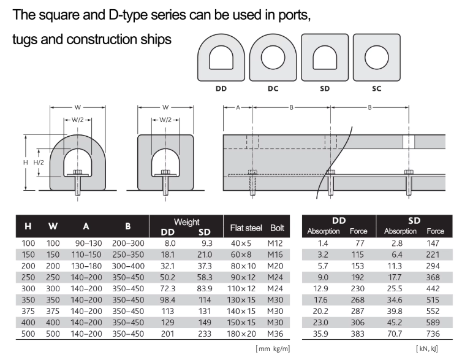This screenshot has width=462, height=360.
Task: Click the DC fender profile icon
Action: click(x=273, y=58)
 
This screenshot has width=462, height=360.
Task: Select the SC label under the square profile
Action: click(x=377, y=88)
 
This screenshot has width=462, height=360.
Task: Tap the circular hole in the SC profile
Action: click(x=377, y=57)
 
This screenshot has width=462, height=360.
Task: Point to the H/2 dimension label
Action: click(x=39, y=163)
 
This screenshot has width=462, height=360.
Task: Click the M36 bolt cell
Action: click(x=275, y=334)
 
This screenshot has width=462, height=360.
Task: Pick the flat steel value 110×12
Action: click(x=241, y=289)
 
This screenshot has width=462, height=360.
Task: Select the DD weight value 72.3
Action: click(x=168, y=289)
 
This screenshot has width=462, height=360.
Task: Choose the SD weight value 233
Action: click(x=205, y=334)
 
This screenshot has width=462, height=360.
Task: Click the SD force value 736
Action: click(x=433, y=334)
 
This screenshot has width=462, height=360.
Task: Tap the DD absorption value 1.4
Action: click(x=323, y=243)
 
